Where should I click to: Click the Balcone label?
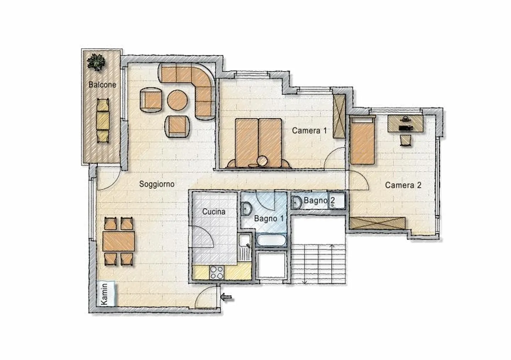[x=102, y=85]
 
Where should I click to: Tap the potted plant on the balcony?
[x=96, y=62]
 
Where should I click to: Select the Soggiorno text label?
[x=157, y=184]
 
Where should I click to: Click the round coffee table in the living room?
[x=177, y=100]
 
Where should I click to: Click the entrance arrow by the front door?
[x=226, y=297]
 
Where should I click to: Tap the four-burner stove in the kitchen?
[x=217, y=272]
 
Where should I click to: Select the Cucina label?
[x=214, y=212]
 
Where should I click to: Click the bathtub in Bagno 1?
[x=271, y=240]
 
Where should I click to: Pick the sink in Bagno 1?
[x=246, y=209]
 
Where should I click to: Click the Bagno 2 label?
[x=319, y=201]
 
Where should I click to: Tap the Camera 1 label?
[x=309, y=131]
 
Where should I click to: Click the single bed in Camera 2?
[x=362, y=140]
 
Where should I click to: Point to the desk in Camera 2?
[x=406, y=124]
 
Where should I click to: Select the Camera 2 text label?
[x=403, y=185]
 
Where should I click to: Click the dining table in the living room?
[x=119, y=241]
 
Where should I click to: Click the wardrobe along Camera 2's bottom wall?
[x=377, y=223]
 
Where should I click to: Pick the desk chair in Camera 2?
[x=405, y=140]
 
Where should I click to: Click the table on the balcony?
[x=103, y=121]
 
